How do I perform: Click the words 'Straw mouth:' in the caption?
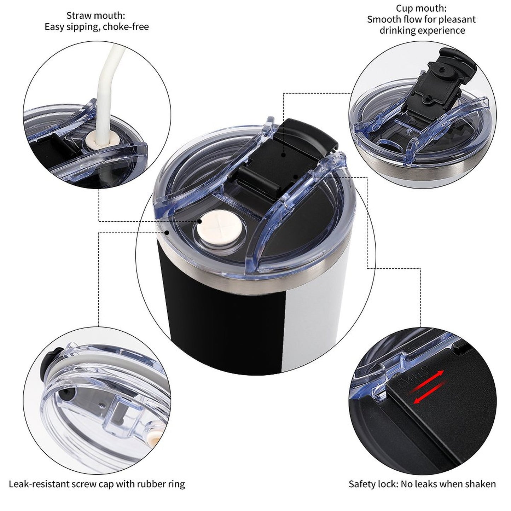pos(95,16)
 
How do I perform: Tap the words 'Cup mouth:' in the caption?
pos(422,8)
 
